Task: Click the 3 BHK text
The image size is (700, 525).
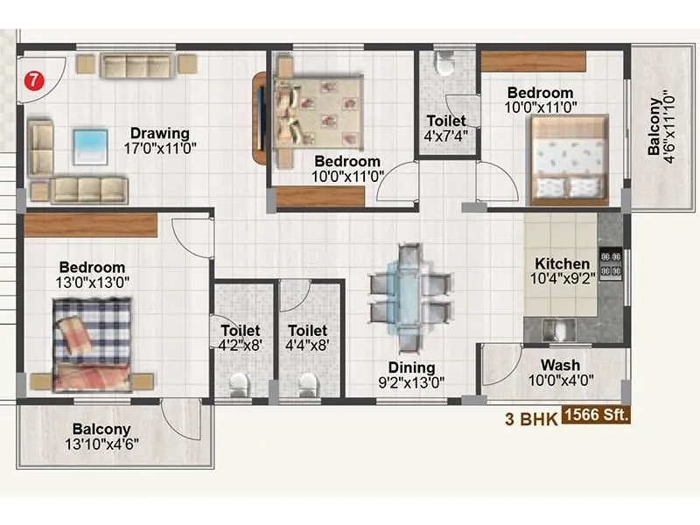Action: [x=531, y=418]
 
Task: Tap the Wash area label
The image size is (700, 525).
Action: [x=559, y=365]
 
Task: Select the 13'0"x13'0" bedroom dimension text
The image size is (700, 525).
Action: [x=93, y=282]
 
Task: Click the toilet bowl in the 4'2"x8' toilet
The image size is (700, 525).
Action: [x=238, y=382]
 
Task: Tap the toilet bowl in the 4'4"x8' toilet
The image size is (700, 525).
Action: [x=307, y=382]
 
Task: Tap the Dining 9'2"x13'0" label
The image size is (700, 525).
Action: [x=411, y=374]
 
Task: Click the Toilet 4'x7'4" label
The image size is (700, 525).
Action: [x=445, y=127]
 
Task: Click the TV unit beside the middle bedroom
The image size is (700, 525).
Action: [x=260, y=118]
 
